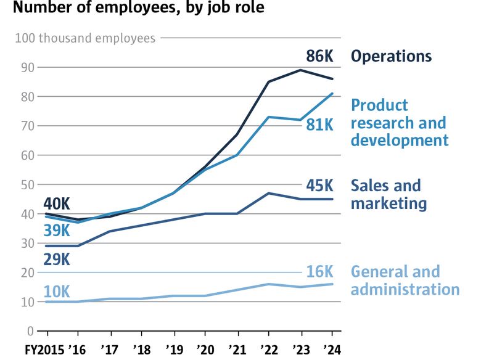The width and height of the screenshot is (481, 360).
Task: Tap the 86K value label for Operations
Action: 319,57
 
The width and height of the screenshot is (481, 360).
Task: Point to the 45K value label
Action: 319,186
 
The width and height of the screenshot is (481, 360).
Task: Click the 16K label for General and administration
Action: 319,272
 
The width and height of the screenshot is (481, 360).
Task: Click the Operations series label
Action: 391,56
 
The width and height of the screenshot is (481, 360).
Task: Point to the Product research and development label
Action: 400,123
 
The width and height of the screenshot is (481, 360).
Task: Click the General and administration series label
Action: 405,280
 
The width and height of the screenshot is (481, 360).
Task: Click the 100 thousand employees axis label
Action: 85,38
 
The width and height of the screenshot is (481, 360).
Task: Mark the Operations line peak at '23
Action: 300,70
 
